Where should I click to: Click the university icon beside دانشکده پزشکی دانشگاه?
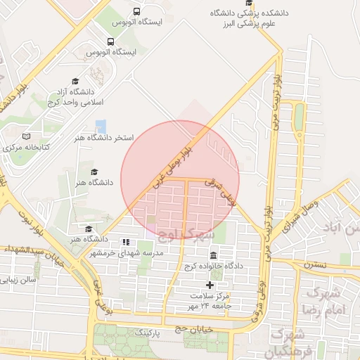pos(247,13)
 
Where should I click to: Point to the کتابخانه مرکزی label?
pos(26,148)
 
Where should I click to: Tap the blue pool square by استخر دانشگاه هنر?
pos(101,127)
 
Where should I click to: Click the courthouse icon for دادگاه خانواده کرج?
pos(213,255)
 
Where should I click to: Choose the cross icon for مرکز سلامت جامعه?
pos(208,284)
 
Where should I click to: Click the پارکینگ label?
pos(148,330)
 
